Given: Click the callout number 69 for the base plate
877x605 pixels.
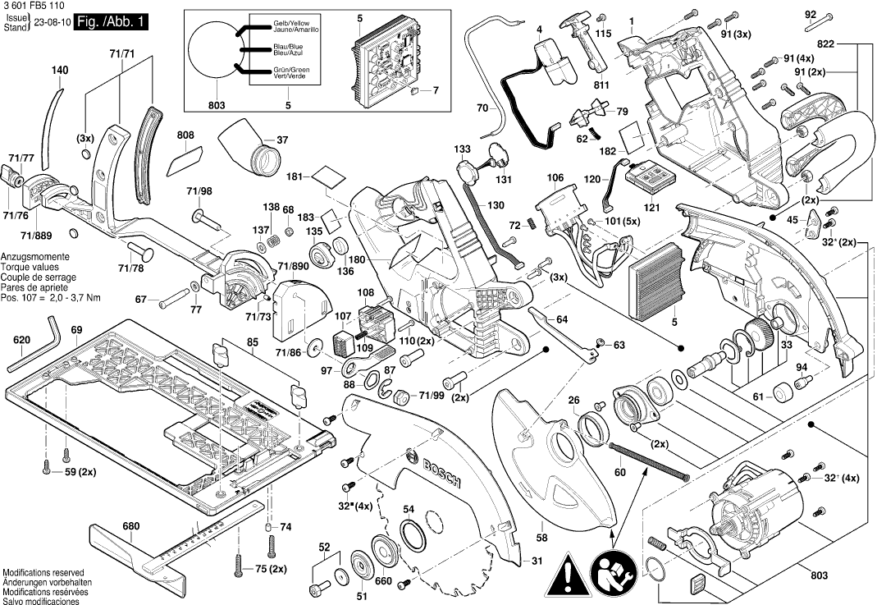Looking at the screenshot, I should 76,330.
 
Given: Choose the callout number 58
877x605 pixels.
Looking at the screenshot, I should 541,538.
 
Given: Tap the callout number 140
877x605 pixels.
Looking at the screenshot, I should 59,71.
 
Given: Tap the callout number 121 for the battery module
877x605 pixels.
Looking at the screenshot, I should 651,208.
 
